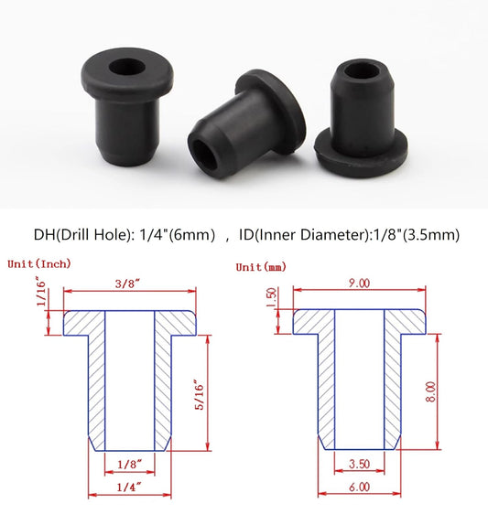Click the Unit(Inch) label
38,263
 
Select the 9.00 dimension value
359,284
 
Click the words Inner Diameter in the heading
311,235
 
